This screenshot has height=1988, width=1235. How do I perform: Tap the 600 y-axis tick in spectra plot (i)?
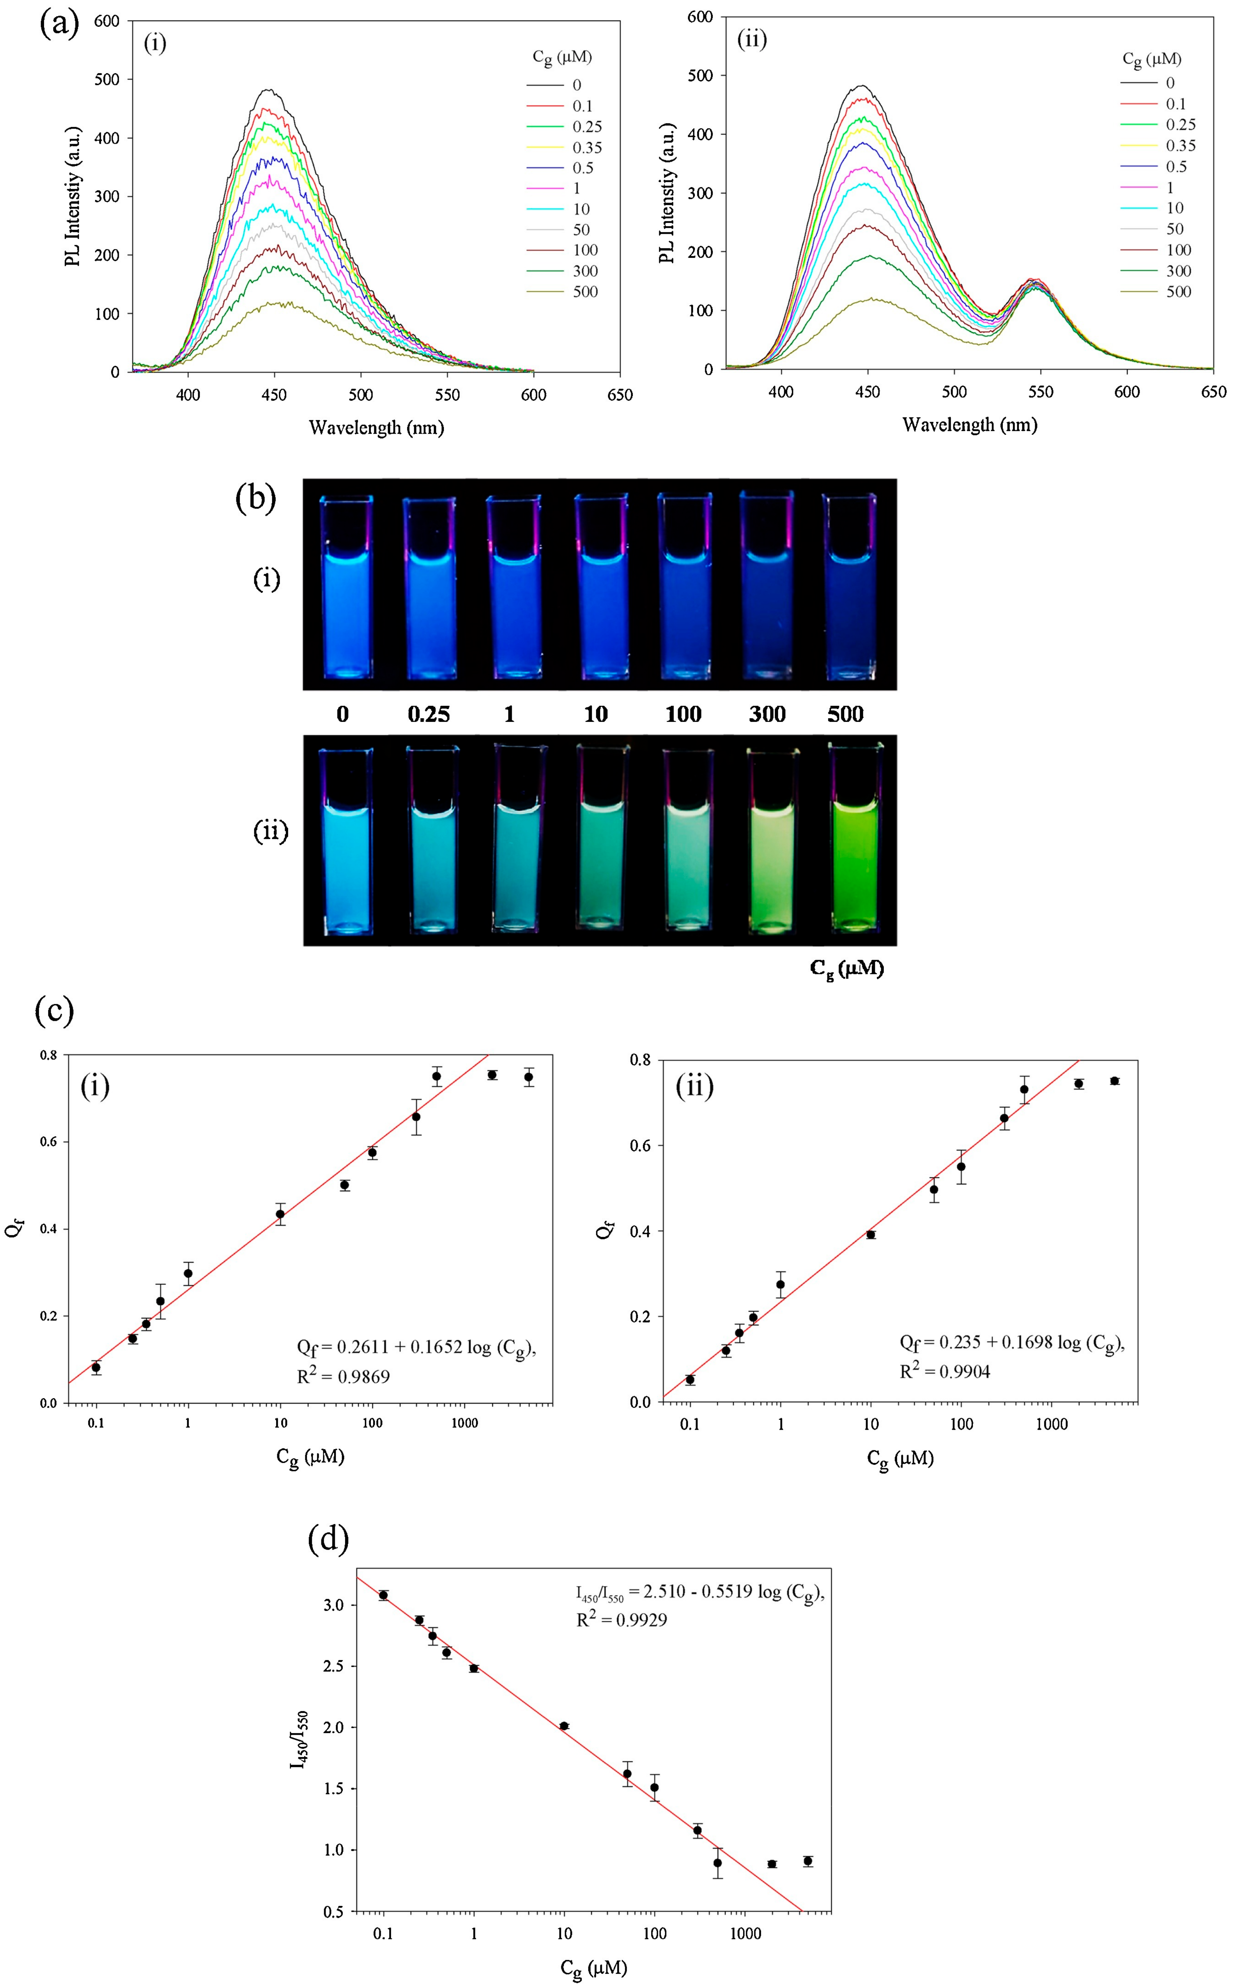pos(107,21)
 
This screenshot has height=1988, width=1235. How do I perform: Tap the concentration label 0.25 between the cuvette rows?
pos(429,714)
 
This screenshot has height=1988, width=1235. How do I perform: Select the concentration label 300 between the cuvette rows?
pos(767,714)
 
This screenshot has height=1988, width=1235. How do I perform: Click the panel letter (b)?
pos(256,498)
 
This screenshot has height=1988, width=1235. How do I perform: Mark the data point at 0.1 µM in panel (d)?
pos(383,1595)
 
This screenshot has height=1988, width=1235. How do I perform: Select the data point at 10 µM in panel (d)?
pos(563,1726)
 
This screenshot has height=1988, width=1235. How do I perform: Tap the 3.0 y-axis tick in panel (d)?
pos(334,1605)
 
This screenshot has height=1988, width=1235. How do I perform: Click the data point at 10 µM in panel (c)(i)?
pos(280,1214)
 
